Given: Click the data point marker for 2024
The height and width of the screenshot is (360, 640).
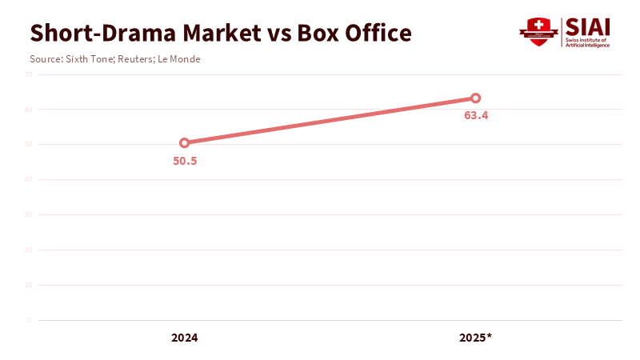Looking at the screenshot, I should pyautogui.click(x=184, y=143).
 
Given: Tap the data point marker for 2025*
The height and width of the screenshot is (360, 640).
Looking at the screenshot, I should pyautogui.click(x=475, y=98).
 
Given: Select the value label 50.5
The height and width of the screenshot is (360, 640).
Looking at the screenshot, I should pyautogui.click(x=185, y=160).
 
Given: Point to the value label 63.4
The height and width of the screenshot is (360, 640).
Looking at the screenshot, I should pyautogui.click(x=476, y=115).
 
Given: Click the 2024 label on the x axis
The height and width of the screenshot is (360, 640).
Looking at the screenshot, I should pyautogui.click(x=184, y=338).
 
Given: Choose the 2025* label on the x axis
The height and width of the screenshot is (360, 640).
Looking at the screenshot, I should pyautogui.click(x=475, y=338).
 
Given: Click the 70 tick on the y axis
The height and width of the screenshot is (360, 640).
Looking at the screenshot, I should pyautogui.click(x=28, y=74).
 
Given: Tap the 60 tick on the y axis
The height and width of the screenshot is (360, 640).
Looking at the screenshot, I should pyautogui.click(x=28, y=110).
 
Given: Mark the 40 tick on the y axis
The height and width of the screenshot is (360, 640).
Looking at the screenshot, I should pyautogui.click(x=28, y=180).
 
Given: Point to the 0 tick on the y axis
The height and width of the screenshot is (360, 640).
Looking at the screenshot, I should pyautogui.click(x=30, y=320).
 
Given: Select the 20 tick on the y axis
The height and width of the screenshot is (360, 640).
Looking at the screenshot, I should pyautogui.click(x=28, y=250).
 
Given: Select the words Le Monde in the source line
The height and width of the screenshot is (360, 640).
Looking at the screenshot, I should pyautogui.click(x=178, y=59).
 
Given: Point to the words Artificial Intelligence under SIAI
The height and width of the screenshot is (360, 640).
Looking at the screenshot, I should pyautogui.click(x=587, y=45).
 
